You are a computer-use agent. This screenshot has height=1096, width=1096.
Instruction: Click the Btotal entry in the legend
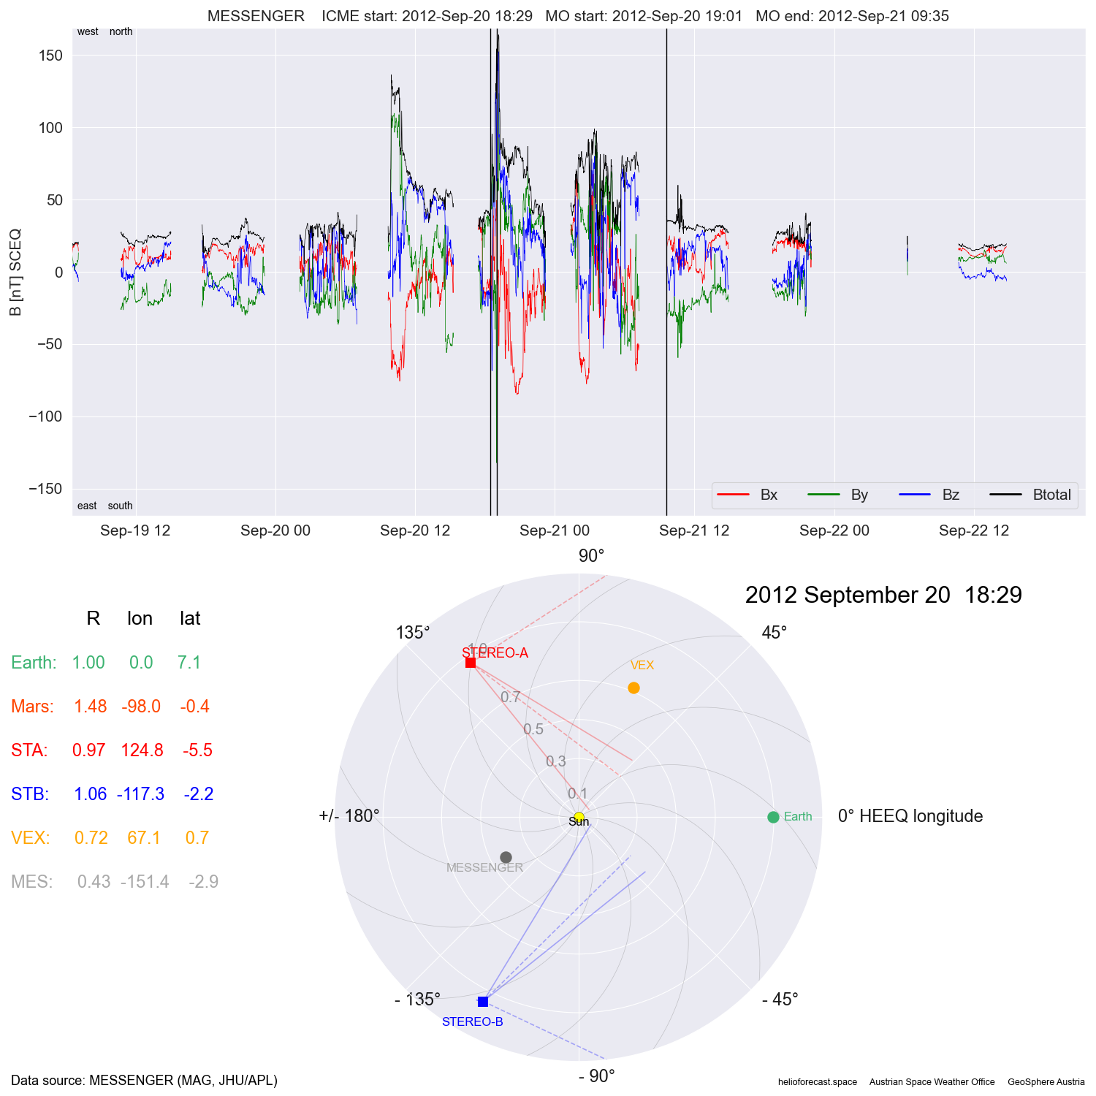1051,495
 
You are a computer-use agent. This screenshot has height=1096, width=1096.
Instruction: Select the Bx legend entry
769,495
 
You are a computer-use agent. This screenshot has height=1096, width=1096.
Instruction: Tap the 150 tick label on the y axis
50,56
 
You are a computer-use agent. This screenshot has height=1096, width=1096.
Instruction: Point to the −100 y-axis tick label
46,416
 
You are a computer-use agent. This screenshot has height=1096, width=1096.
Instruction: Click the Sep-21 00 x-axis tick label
555,530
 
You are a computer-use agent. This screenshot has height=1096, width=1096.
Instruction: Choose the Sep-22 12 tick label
974,530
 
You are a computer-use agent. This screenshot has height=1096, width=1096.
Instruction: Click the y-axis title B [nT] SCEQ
15,273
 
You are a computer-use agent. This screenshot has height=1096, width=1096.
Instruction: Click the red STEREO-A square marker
471,663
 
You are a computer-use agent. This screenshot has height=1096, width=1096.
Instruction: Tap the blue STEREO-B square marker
483,1001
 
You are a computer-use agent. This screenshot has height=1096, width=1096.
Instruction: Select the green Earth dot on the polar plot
773,817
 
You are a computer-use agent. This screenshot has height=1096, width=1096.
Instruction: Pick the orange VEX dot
633,688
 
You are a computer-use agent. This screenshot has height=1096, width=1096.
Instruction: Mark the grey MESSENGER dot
506,857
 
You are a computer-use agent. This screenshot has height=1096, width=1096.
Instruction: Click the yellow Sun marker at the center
579,817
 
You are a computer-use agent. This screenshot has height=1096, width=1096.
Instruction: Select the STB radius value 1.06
91,794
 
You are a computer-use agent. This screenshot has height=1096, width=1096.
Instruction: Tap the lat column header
190,619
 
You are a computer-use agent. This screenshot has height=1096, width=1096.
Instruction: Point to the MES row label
31,882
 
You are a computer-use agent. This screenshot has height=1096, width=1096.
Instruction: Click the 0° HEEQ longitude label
910,816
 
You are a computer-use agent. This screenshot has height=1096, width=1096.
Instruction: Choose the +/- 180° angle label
349,816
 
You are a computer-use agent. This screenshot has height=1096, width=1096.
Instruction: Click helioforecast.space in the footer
817,1082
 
